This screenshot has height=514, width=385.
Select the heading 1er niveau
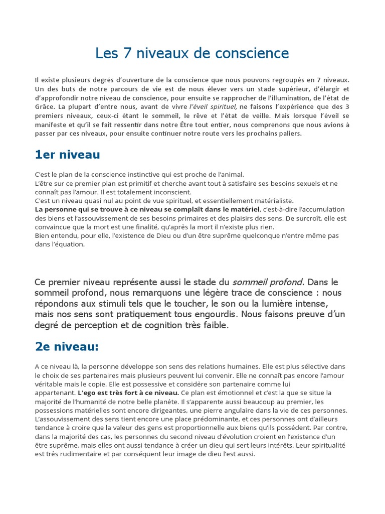pos(67,155)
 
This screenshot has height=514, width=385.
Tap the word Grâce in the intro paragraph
pos(45,107)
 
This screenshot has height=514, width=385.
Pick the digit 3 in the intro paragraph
pos(347,107)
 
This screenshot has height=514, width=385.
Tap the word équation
pos(71,244)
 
